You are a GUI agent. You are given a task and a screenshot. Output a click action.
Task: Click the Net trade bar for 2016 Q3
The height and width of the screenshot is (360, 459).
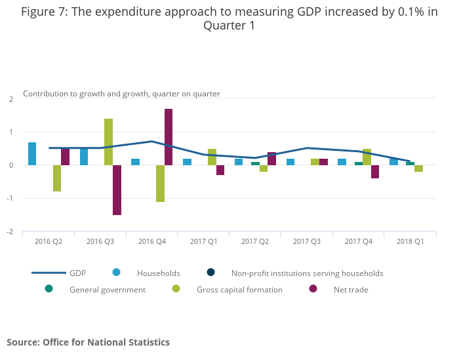[117, 190]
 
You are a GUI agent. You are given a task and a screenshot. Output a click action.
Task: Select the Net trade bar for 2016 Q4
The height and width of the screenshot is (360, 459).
[169, 137]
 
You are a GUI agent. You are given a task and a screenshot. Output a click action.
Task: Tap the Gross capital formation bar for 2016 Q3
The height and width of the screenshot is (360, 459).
[108, 142]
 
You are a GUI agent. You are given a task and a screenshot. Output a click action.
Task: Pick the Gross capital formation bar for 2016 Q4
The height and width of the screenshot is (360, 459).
[160, 184]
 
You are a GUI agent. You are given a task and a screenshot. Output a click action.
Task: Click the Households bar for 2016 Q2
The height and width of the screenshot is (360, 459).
[32, 154]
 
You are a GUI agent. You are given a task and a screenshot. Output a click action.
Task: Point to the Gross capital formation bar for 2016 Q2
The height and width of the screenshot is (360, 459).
[57, 178]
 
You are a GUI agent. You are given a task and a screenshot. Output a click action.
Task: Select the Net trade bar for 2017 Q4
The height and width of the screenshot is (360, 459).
[375, 172]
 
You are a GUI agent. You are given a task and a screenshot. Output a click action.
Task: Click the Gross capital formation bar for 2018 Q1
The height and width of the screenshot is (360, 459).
[418, 169]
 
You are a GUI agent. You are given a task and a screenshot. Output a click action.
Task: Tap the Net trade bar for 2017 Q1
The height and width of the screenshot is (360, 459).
[220, 170]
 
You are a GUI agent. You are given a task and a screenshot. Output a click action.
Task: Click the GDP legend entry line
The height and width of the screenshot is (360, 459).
[49, 273]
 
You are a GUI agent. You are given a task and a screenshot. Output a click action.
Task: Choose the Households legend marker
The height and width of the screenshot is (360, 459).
[116, 273]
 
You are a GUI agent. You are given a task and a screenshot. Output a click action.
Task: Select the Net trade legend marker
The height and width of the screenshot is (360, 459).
[313, 289]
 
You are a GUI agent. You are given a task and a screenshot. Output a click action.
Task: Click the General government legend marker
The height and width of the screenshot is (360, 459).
[49, 289]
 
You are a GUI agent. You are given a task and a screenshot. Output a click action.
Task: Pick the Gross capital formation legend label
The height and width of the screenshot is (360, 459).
[239, 290]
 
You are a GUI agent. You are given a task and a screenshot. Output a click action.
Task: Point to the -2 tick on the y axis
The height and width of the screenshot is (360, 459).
[11, 231]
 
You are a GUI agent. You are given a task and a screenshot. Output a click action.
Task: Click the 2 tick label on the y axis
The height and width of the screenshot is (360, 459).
[11, 99]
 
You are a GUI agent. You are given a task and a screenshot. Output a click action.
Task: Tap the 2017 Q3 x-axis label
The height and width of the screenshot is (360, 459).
[306, 242]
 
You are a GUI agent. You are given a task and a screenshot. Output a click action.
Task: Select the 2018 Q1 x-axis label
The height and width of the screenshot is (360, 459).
[410, 242]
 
